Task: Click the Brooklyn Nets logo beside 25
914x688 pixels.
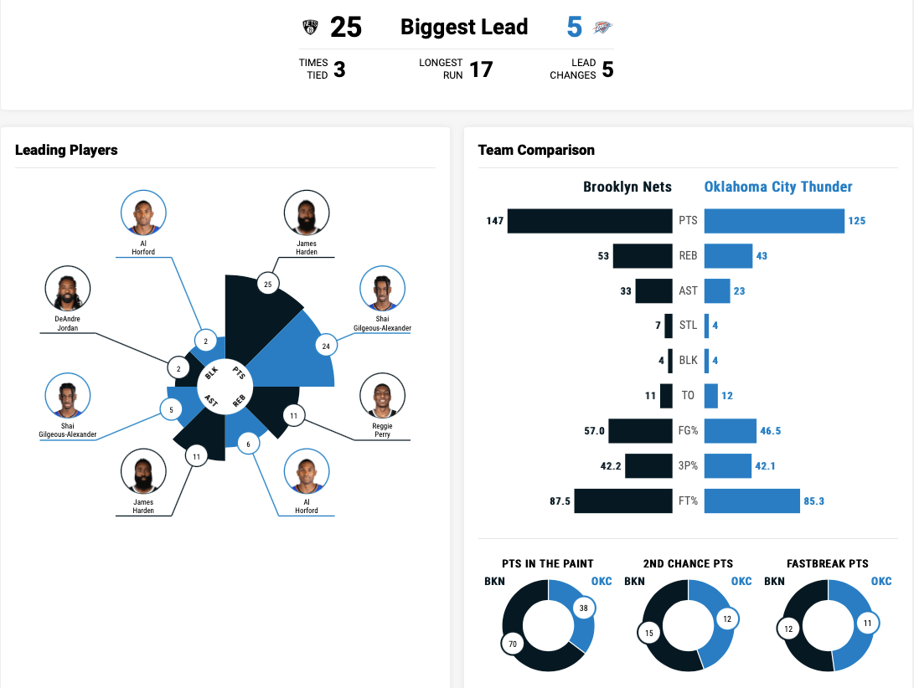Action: point(311,28)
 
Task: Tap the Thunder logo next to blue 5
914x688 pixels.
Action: point(603,28)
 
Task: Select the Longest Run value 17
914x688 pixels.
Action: point(481,69)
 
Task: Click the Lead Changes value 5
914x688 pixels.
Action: point(607,69)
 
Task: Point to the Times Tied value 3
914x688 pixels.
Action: point(339,69)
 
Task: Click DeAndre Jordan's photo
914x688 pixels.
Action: point(67,290)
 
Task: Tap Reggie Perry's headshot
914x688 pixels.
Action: point(382,396)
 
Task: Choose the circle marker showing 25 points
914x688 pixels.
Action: point(268,285)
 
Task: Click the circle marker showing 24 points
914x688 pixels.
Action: point(326,345)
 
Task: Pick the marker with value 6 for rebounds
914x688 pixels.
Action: point(248,444)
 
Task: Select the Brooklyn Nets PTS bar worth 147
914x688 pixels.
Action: point(590,221)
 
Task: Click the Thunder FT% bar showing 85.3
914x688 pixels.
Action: point(752,501)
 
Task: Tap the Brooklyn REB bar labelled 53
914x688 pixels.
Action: point(643,256)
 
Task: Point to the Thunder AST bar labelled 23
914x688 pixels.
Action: point(717,290)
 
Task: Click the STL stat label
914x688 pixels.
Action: point(688,326)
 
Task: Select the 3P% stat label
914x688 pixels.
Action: point(688,465)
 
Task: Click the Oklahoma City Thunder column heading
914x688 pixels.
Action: point(778,187)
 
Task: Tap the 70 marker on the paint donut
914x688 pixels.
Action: point(513,644)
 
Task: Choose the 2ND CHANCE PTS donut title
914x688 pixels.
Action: point(688,563)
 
